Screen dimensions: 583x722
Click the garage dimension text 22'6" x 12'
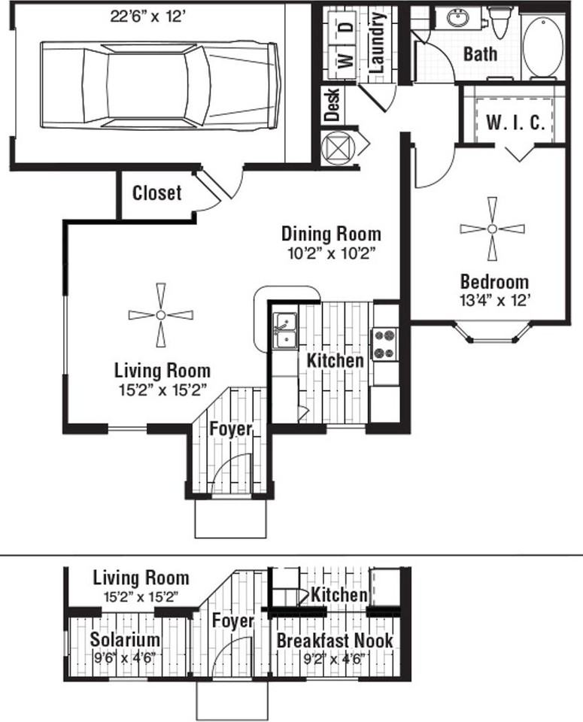coord(148,17)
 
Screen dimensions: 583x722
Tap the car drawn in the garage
coord(160,85)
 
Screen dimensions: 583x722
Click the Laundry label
coord(377,42)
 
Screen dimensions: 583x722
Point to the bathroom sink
coord(458,19)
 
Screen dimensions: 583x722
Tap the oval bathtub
coord(543,47)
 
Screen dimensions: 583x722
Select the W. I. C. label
coord(515,123)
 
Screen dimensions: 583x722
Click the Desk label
coord(332,105)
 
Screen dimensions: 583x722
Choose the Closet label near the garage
coord(156,193)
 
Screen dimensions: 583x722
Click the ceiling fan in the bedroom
coord(492,229)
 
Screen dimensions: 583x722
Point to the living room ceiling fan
coord(161,315)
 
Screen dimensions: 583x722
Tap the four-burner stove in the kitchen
coord(384,344)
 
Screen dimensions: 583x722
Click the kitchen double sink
coord(285,331)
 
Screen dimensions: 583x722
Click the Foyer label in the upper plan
coord(231,429)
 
